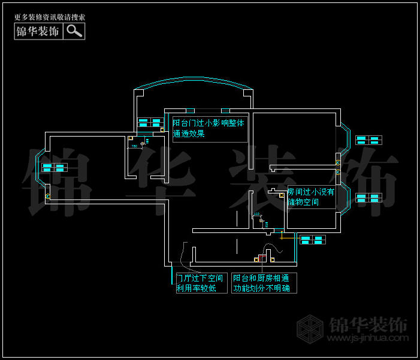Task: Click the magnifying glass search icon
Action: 74,31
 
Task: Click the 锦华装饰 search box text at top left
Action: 38,31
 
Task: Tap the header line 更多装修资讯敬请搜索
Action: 49,17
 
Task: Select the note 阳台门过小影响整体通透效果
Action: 209,129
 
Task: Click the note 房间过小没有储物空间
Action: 310,197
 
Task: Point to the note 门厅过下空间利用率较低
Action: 201,283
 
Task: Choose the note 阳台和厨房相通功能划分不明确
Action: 264,283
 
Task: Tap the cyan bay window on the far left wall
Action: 40,174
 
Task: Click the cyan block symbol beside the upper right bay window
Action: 368,140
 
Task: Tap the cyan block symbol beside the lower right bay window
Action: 368,198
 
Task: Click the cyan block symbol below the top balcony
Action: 150,123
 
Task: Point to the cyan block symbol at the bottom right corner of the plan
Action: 312,240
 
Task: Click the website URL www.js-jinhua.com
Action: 367,338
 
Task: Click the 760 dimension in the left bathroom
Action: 135,146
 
